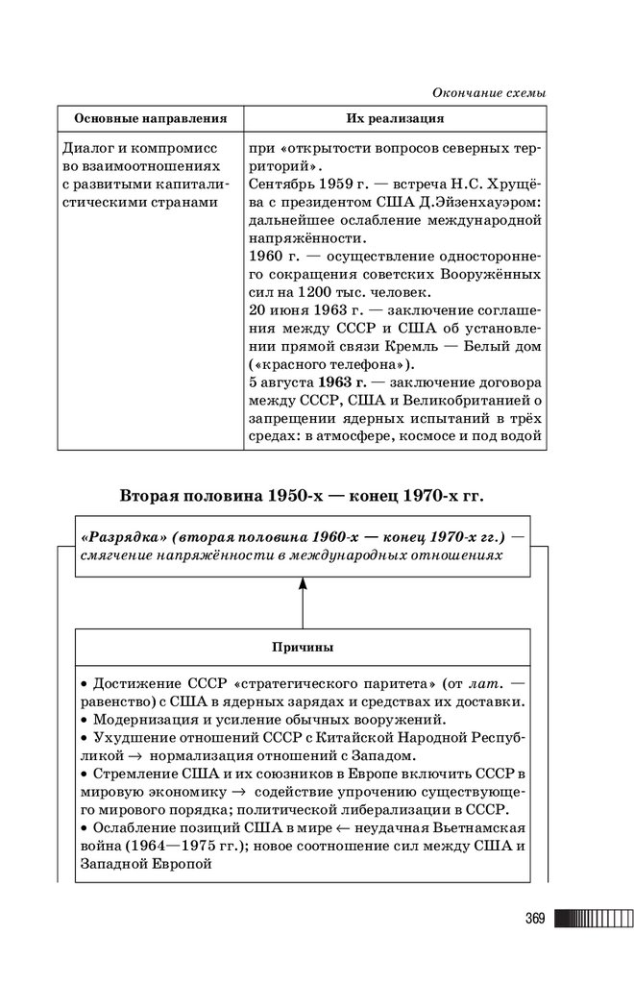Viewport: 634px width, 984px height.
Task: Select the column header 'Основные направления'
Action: [x=150, y=119]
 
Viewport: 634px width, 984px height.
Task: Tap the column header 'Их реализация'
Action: [x=395, y=119]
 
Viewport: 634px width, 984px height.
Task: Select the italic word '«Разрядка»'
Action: [x=121, y=535]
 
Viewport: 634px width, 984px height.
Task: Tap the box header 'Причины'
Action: [x=302, y=648]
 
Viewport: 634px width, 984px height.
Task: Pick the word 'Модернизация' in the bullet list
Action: [x=142, y=719]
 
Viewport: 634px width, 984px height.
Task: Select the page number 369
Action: [x=534, y=919]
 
